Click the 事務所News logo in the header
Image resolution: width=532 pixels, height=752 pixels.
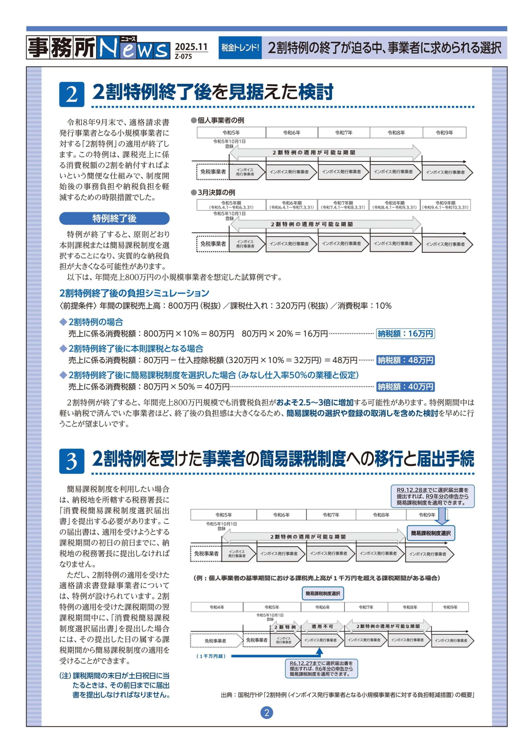point(98,48)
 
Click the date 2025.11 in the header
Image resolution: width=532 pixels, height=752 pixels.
point(191,47)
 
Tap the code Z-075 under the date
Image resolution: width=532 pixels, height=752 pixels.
point(183,56)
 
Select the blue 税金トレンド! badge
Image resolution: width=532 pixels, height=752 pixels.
point(240,48)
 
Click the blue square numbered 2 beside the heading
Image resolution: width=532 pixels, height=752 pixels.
point(72,94)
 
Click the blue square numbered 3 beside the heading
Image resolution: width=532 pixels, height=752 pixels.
point(72,461)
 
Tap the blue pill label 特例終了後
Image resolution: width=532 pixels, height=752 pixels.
point(114,218)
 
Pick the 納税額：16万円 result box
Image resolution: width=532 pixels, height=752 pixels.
point(405,334)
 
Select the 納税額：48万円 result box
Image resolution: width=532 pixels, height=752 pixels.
point(405,360)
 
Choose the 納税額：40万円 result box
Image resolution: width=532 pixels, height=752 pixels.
point(405,387)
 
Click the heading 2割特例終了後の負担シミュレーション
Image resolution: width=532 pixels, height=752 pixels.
point(134,293)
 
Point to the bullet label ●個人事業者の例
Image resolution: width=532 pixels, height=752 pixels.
point(217,121)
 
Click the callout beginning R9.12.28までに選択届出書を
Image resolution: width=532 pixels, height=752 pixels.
point(432,496)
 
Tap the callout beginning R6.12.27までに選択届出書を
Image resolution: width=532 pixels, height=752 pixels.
point(321,668)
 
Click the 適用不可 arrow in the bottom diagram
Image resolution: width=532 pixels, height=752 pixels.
point(322,627)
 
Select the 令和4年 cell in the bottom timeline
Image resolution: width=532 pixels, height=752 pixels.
point(217,607)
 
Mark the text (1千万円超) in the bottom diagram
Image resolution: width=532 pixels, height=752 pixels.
point(211,657)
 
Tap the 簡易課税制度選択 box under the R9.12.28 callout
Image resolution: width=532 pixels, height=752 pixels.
point(431,533)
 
